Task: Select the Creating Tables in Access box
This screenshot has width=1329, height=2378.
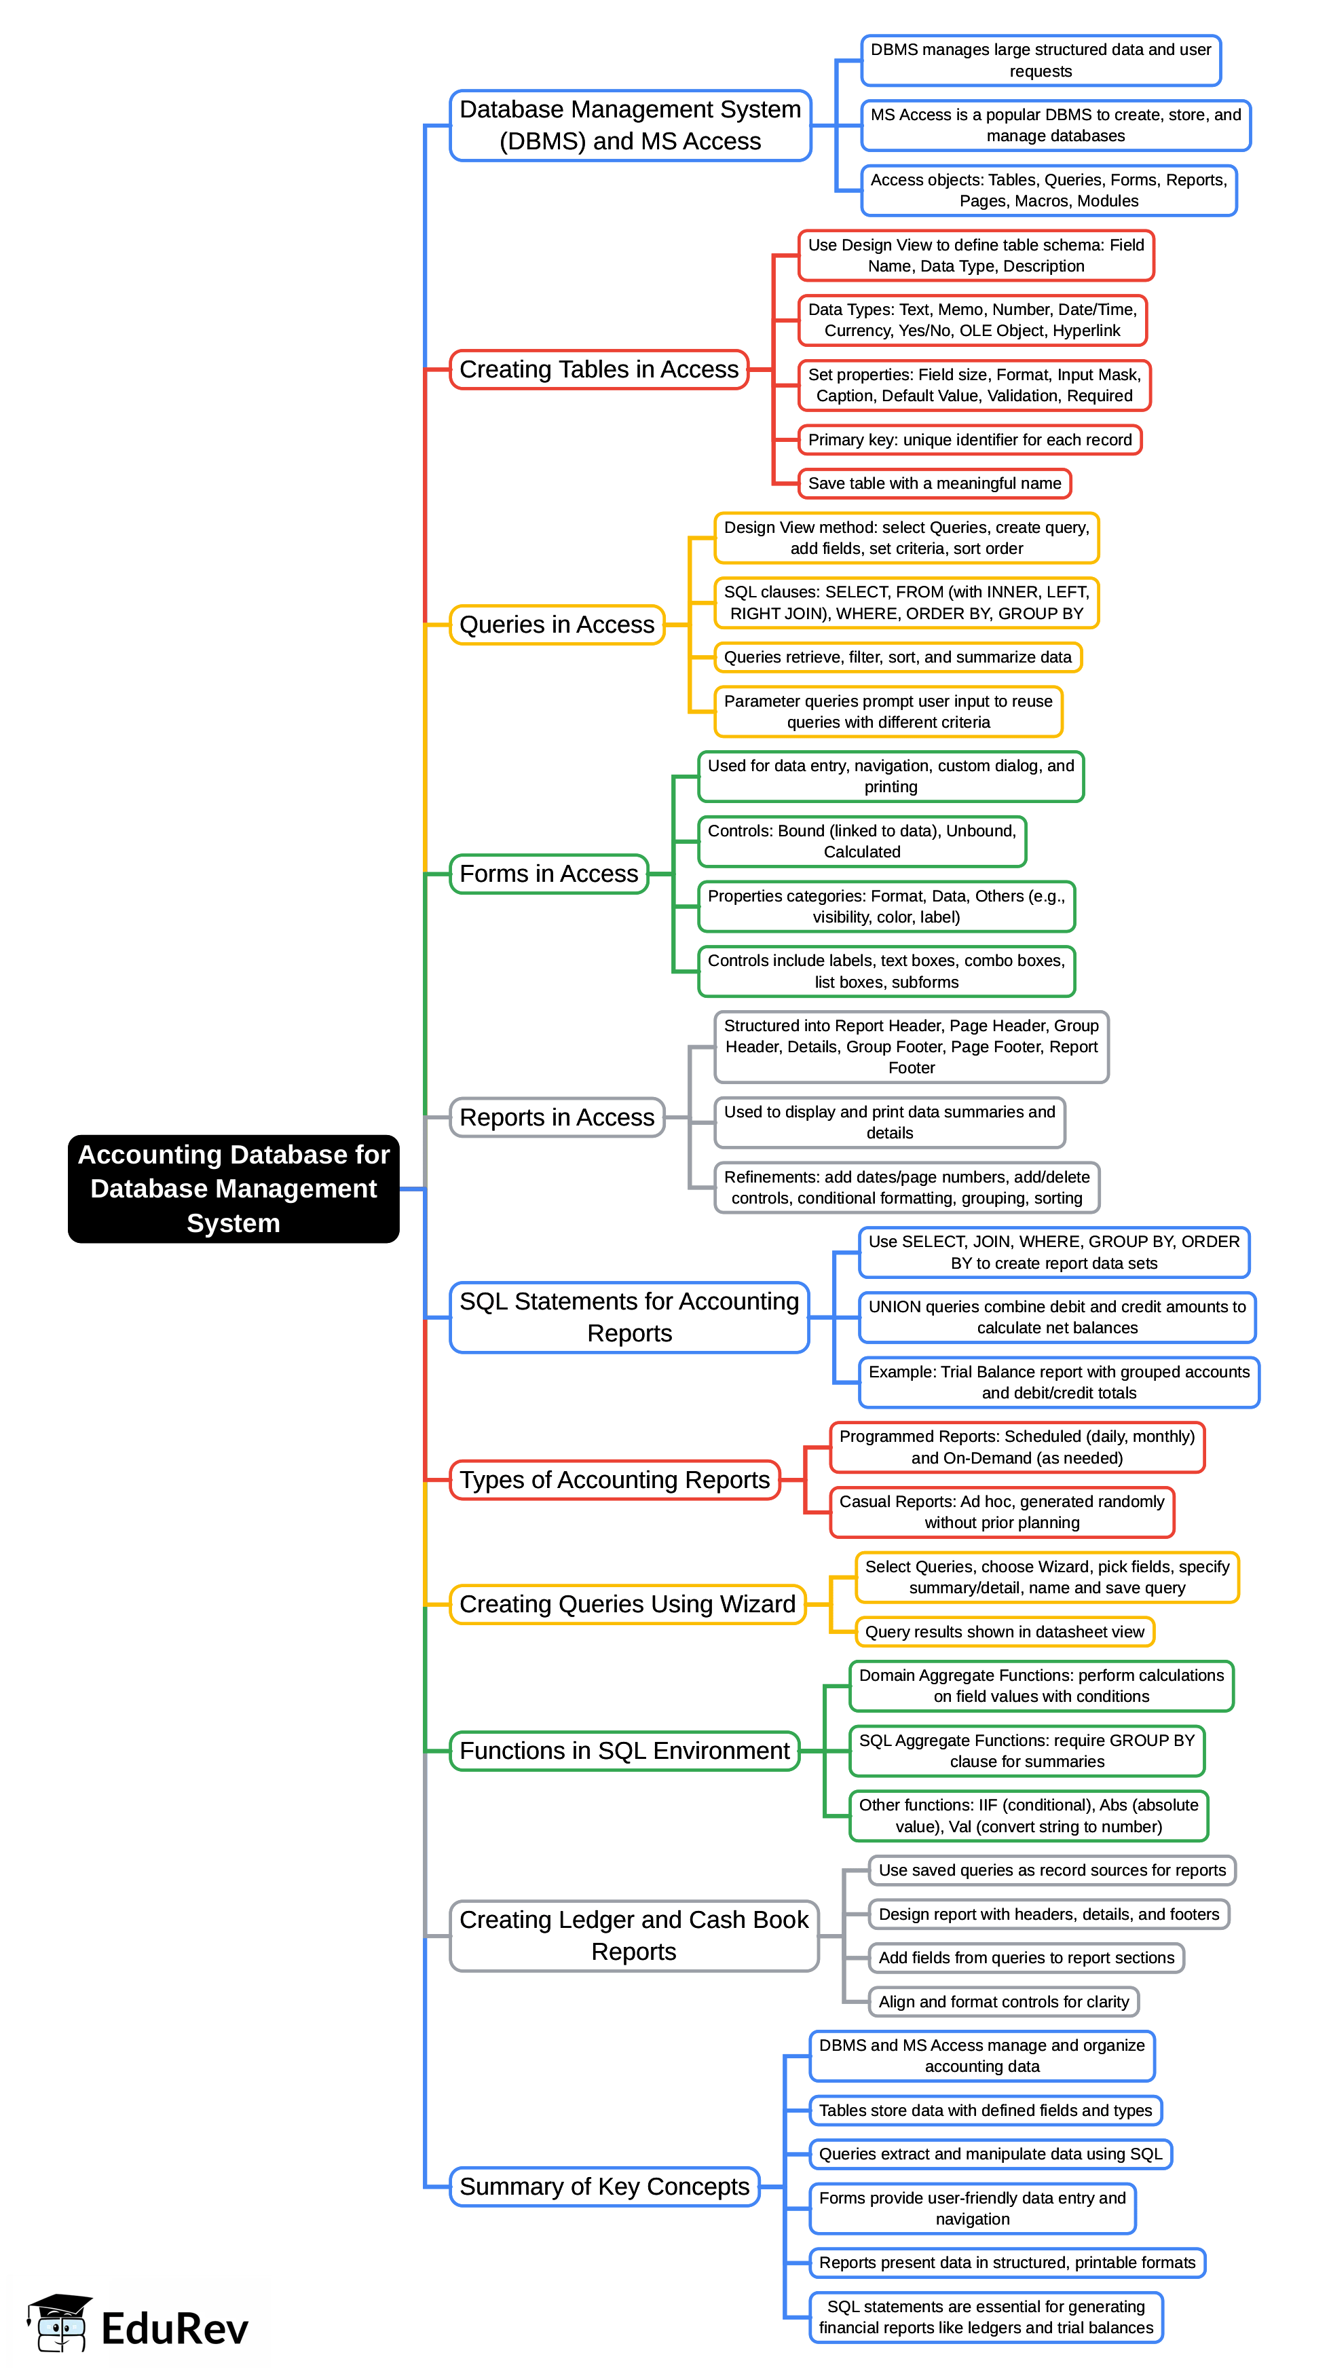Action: (x=598, y=369)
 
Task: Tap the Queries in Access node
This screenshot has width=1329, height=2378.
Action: (x=557, y=625)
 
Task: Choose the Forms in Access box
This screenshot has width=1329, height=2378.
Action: (x=548, y=873)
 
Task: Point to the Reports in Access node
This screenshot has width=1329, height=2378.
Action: (x=557, y=1117)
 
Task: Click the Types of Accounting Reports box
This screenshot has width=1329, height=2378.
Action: (x=615, y=1480)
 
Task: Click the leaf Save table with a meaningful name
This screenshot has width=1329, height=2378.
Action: (x=934, y=483)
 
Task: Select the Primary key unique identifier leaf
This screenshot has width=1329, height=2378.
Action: (x=969, y=439)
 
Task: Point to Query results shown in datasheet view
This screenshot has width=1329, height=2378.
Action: (x=1004, y=1631)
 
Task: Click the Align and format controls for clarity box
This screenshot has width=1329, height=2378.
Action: (x=1003, y=2001)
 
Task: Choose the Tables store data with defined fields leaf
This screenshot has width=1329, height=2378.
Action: (x=985, y=2109)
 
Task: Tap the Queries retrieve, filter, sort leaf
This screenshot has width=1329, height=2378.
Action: (x=897, y=657)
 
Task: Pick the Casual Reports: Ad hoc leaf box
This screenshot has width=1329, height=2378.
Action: (x=1001, y=1512)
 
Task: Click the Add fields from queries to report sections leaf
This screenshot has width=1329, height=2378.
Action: (x=1026, y=1957)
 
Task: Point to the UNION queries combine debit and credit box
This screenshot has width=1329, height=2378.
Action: (x=1057, y=1318)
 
